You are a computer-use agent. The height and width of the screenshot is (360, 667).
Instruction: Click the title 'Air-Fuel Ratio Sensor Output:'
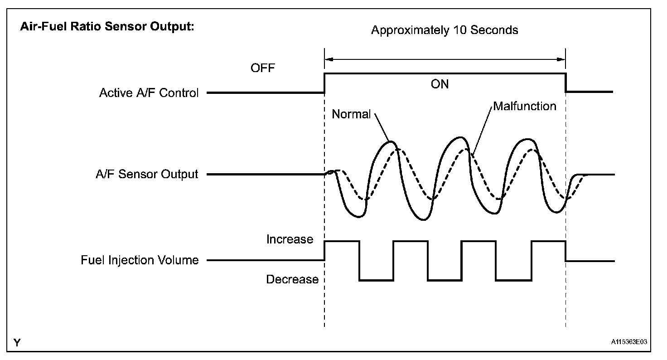click(x=107, y=26)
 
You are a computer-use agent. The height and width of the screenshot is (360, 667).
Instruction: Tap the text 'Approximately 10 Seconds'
click(x=445, y=30)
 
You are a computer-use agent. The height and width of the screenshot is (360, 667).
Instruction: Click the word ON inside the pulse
click(x=440, y=84)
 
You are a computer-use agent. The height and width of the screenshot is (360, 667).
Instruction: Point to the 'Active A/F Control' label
click(x=149, y=93)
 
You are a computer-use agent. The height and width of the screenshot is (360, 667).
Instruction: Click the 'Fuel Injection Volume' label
click(x=140, y=260)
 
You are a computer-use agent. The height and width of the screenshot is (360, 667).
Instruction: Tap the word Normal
click(x=351, y=114)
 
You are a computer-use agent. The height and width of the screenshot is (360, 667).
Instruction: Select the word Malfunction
click(x=524, y=107)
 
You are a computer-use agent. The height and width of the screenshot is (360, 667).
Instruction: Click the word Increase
click(x=290, y=239)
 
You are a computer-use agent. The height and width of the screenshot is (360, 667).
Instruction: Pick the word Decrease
click(x=292, y=280)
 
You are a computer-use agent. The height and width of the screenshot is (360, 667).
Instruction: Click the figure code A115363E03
click(x=629, y=343)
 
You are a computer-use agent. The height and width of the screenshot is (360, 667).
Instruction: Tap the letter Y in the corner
click(x=17, y=343)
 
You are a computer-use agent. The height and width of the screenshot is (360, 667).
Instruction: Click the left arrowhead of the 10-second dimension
click(x=329, y=58)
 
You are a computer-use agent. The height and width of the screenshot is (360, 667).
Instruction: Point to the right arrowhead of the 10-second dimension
click(x=562, y=58)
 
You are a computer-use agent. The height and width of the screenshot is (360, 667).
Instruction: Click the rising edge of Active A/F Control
click(x=324, y=83)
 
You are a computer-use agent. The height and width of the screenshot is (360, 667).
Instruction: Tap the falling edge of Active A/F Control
click(x=566, y=83)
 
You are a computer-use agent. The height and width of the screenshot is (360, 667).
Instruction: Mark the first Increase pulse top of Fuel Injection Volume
click(x=342, y=242)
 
